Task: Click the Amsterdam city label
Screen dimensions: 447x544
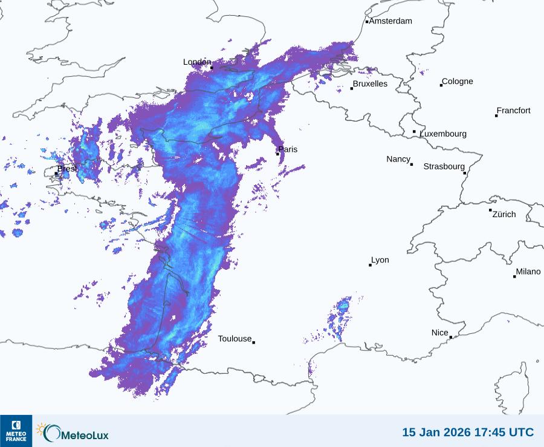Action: point(390,21)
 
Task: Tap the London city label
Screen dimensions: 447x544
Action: point(197,62)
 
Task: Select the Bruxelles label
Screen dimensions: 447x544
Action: point(370,84)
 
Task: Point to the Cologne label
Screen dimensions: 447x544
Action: point(458,82)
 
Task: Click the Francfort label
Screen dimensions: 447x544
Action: point(513,111)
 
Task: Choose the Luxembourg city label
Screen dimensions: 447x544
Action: point(443,134)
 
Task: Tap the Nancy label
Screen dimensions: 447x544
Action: point(398,159)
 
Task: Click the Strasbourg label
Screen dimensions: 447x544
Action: point(444,166)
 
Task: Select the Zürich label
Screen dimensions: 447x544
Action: point(504,214)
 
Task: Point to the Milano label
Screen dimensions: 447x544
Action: point(528,272)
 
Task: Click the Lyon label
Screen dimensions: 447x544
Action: point(380,260)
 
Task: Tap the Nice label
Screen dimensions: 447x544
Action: point(439,333)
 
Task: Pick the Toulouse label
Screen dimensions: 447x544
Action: point(235,339)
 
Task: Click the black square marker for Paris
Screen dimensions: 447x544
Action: point(277,154)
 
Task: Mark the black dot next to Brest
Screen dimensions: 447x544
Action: point(56,174)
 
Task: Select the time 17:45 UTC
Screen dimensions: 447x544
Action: point(505,432)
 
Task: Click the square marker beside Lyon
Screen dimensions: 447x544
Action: point(370,265)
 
